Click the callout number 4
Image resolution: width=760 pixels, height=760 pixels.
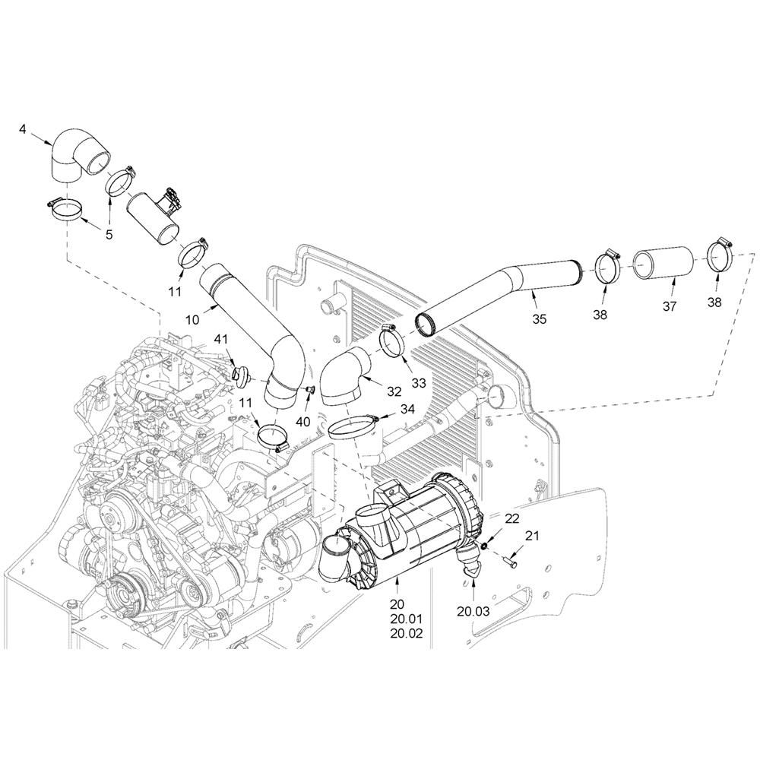(x=23, y=129)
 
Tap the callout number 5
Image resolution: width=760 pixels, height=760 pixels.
(x=109, y=235)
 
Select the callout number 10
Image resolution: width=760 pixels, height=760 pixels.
(x=192, y=319)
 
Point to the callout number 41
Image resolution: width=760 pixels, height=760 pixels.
(x=220, y=340)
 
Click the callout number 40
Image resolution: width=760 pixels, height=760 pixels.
(x=303, y=422)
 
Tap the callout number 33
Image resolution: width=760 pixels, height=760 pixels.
(x=418, y=383)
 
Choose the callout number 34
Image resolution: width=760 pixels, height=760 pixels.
(x=407, y=410)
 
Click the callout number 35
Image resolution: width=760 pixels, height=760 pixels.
(x=539, y=319)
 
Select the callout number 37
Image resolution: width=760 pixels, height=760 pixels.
(x=670, y=306)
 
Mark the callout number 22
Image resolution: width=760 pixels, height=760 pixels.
(x=511, y=518)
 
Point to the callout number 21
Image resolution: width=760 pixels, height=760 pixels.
(x=532, y=536)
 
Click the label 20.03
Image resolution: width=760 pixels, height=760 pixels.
(x=473, y=611)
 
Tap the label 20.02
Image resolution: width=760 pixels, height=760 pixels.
(x=407, y=633)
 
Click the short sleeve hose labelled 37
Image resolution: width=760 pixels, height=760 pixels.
(x=663, y=264)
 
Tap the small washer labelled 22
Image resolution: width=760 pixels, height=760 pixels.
(x=484, y=547)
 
